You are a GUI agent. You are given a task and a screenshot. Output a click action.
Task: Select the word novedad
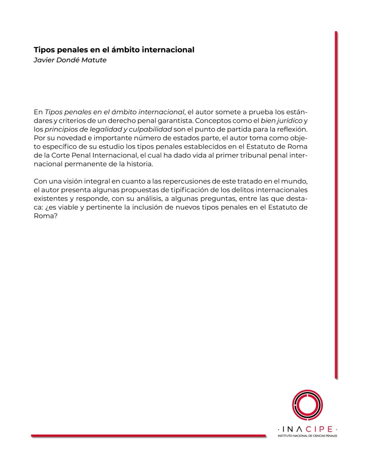(66, 138)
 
